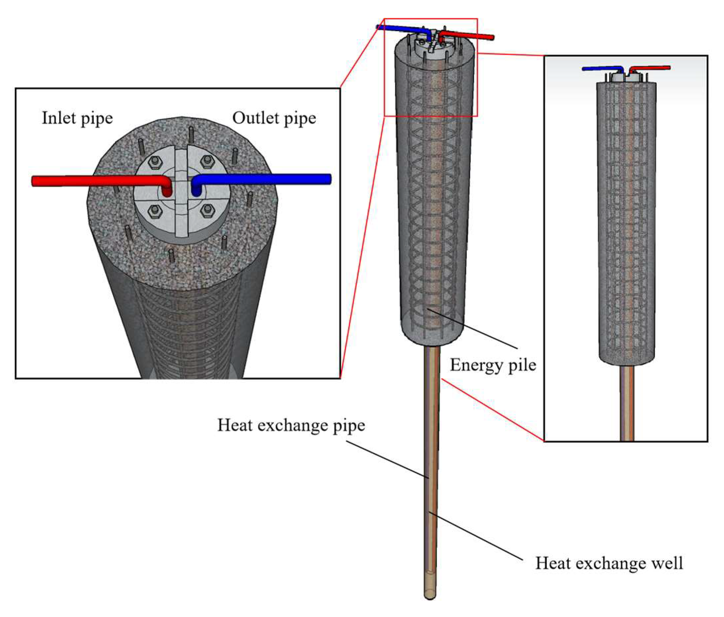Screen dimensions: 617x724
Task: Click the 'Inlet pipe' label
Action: (x=77, y=119)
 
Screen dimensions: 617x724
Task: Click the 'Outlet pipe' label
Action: (x=274, y=119)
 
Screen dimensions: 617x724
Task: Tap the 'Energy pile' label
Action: (x=493, y=365)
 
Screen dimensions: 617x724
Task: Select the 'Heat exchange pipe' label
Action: (x=291, y=426)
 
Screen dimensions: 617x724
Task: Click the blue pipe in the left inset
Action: (x=265, y=179)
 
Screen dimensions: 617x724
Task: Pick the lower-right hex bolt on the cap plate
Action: (x=207, y=210)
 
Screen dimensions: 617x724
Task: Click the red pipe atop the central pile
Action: (x=468, y=35)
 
